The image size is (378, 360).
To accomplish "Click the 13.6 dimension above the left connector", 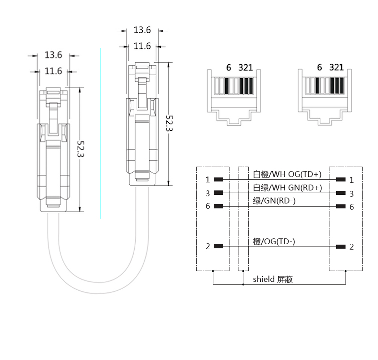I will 53,54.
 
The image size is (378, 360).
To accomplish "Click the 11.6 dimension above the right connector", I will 142,46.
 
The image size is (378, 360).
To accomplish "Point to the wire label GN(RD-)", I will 274,201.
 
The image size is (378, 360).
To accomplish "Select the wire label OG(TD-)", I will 274,241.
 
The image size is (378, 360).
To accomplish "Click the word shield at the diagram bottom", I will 263,279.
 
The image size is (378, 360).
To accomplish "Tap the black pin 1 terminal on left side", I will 218,179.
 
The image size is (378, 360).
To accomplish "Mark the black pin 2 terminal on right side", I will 341,246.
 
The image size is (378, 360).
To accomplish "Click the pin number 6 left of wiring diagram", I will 208,206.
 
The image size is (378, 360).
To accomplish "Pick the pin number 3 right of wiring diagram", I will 352,193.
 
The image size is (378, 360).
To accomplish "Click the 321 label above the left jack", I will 246,67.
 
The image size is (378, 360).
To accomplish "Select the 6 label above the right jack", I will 320,67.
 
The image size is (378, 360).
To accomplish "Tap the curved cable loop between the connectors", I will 95,280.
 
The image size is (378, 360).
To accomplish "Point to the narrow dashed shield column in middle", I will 243,220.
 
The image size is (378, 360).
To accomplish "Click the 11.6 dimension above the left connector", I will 53,71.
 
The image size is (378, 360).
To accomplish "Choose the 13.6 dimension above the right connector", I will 142,30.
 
